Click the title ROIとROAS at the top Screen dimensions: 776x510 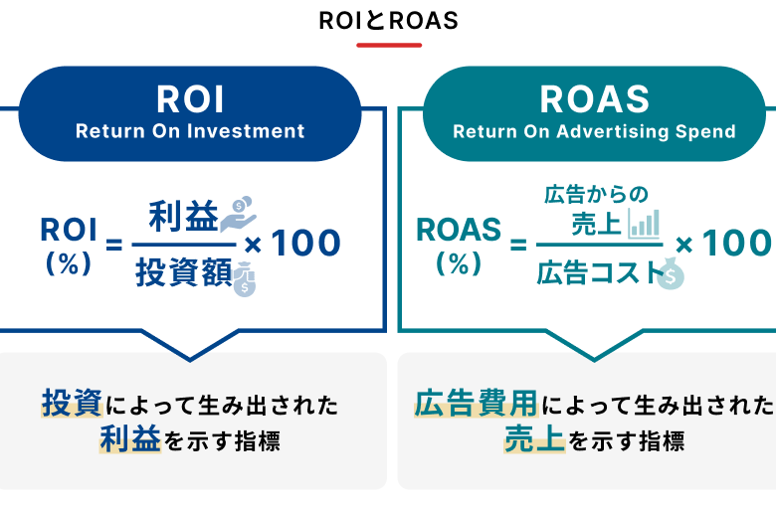[388, 21]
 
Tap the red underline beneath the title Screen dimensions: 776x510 [389, 45]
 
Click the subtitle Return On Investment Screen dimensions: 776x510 [190, 131]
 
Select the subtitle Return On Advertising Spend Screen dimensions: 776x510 [594, 131]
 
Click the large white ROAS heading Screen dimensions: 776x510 [594, 99]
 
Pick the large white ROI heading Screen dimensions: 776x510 [190, 99]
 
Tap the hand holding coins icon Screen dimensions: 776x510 [238, 214]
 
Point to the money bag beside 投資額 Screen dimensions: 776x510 [245, 279]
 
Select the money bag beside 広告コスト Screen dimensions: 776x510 [672, 273]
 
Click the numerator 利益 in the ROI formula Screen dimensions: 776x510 [184, 216]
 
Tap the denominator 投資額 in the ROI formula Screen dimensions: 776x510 [184, 272]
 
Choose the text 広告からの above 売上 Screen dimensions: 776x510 [596, 195]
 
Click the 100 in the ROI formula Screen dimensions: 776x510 [305, 244]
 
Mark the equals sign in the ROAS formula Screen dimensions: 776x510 [518, 245]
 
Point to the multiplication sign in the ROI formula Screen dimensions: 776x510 [253, 245]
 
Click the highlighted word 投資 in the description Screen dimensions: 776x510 [73, 404]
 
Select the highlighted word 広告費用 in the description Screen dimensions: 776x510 [477, 404]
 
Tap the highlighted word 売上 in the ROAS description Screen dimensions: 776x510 [534, 438]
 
